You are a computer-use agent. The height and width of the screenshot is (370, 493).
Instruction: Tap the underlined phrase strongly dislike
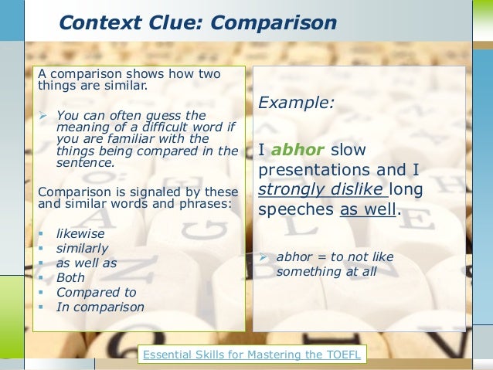322,188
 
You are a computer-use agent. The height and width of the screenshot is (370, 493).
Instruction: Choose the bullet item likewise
80,233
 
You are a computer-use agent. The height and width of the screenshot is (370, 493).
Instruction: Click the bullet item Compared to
96,292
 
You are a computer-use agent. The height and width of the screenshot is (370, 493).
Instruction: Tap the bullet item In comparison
100,307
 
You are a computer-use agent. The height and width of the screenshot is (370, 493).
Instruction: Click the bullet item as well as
87,263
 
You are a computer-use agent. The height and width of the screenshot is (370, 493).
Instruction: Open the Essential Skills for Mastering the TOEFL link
253,355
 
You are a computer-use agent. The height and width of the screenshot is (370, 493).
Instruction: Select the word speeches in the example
296,209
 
